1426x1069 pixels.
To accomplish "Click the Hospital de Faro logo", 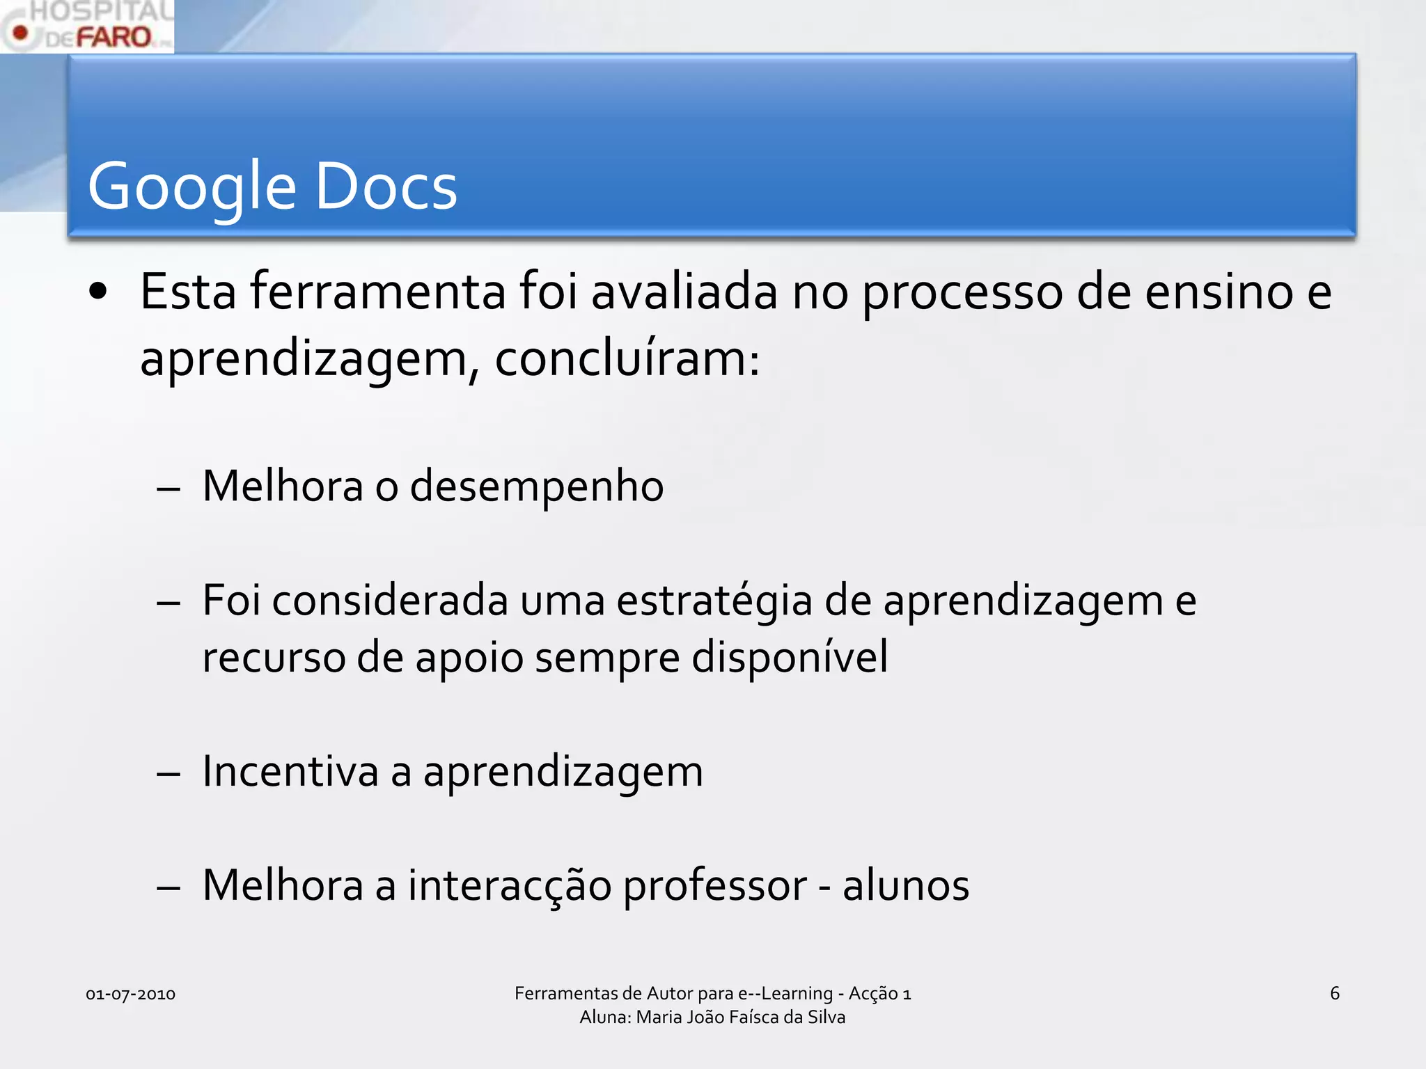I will (x=87, y=26).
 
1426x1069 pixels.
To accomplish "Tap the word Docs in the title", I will (x=386, y=187).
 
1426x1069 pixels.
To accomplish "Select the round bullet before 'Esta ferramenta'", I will (x=98, y=293).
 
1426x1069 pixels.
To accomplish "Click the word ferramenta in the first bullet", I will (x=378, y=292).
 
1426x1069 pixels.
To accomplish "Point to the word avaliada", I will (x=684, y=292).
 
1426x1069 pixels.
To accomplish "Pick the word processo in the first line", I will (x=963, y=293).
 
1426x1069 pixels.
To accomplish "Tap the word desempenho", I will (x=537, y=486).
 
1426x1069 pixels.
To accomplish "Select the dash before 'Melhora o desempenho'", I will (x=169, y=489).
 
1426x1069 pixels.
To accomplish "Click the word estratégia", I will (x=714, y=601).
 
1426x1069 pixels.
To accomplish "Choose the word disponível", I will (x=790, y=657).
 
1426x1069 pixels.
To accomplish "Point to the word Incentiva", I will (x=290, y=772).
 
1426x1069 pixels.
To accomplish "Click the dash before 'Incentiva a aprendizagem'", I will (x=169, y=774).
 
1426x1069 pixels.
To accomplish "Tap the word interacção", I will (x=510, y=886).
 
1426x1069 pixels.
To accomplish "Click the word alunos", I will (x=906, y=886).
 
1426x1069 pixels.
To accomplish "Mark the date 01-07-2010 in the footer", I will (x=130, y=994).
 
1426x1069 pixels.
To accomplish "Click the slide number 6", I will (x=1334, y=993).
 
